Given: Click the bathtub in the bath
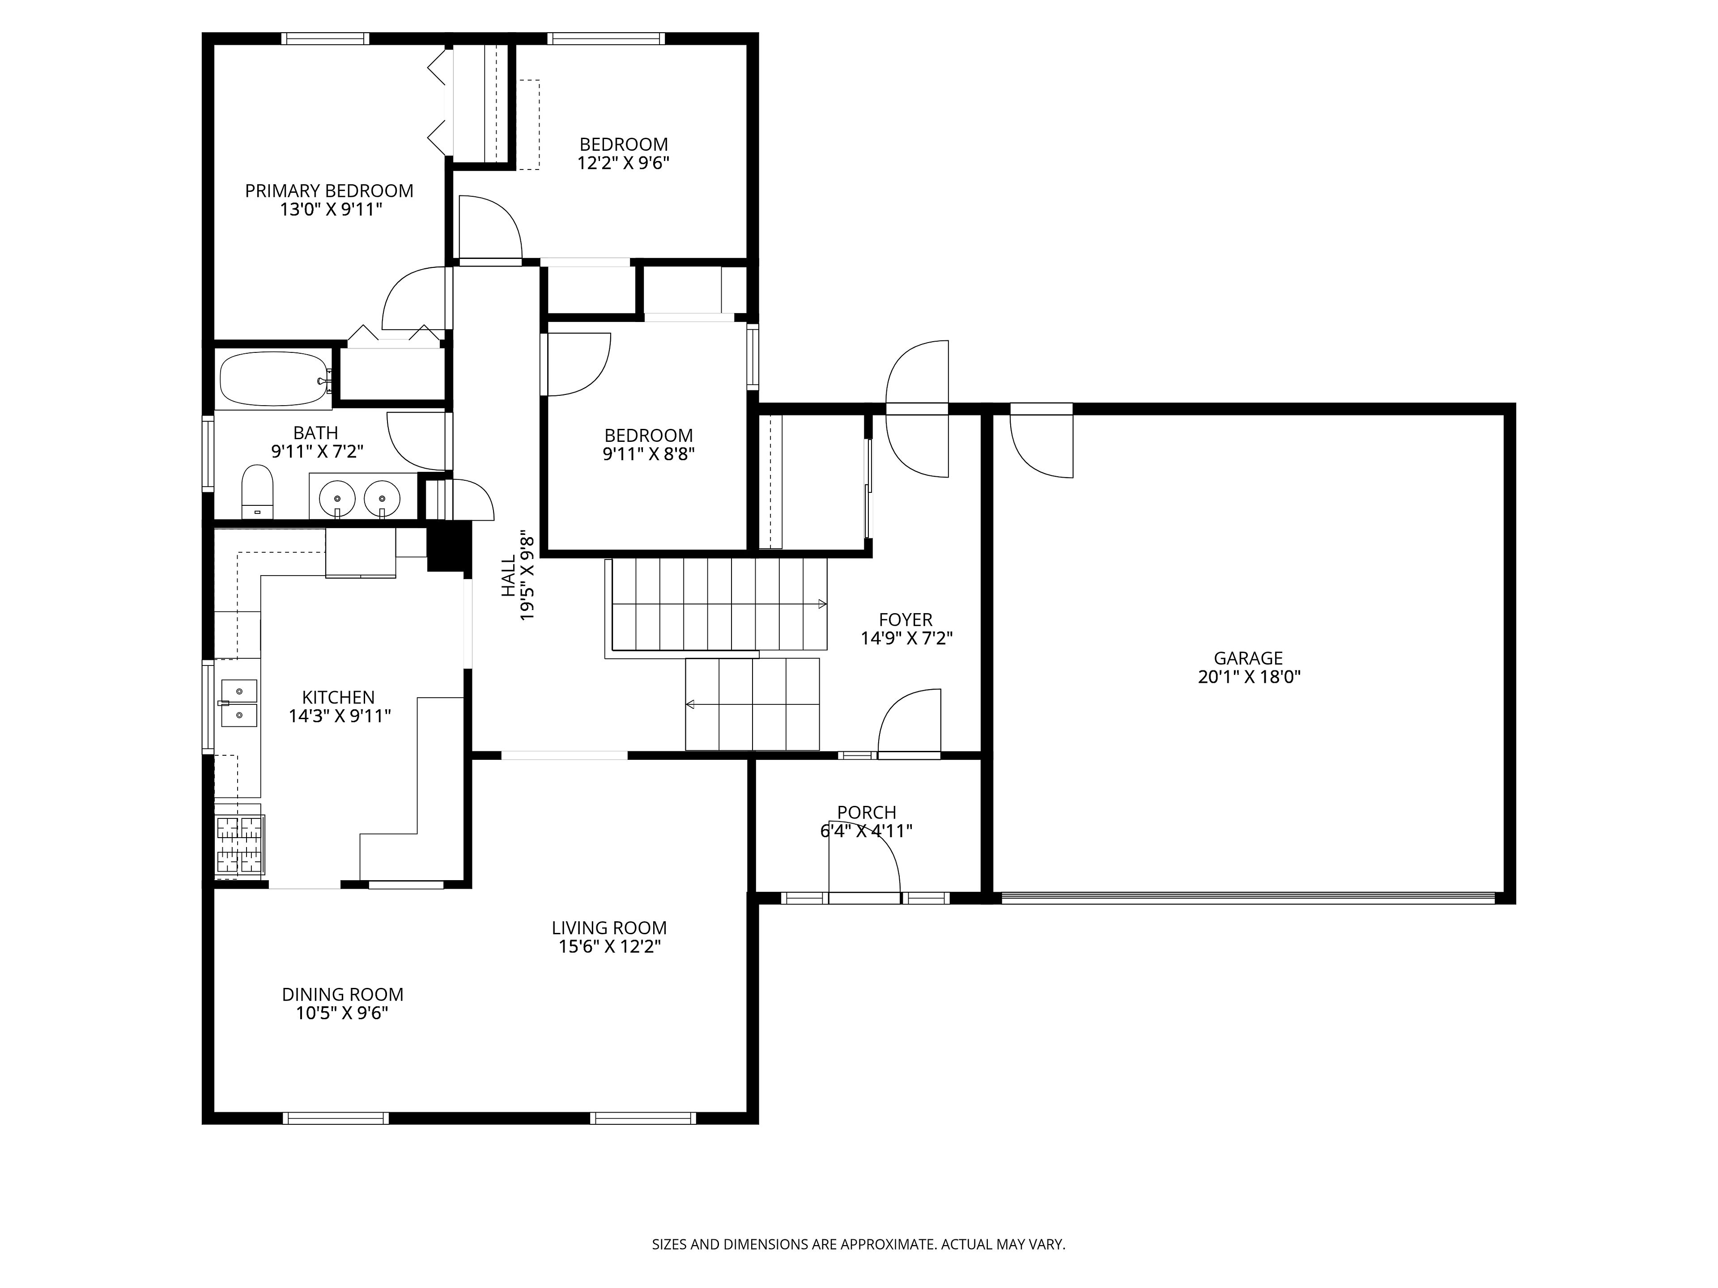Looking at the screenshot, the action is (275, 379).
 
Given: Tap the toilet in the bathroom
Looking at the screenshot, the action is (257, 491).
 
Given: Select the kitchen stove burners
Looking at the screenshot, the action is (239, 845).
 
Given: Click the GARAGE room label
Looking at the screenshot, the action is (1248, 658).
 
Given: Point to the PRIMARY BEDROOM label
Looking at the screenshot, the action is (329, 191).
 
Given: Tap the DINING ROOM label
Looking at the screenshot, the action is (343, 995).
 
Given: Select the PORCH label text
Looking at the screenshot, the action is (867, 812).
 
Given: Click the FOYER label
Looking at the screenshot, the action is (906, 619).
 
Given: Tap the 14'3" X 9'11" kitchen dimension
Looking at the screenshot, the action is (340, 716).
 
